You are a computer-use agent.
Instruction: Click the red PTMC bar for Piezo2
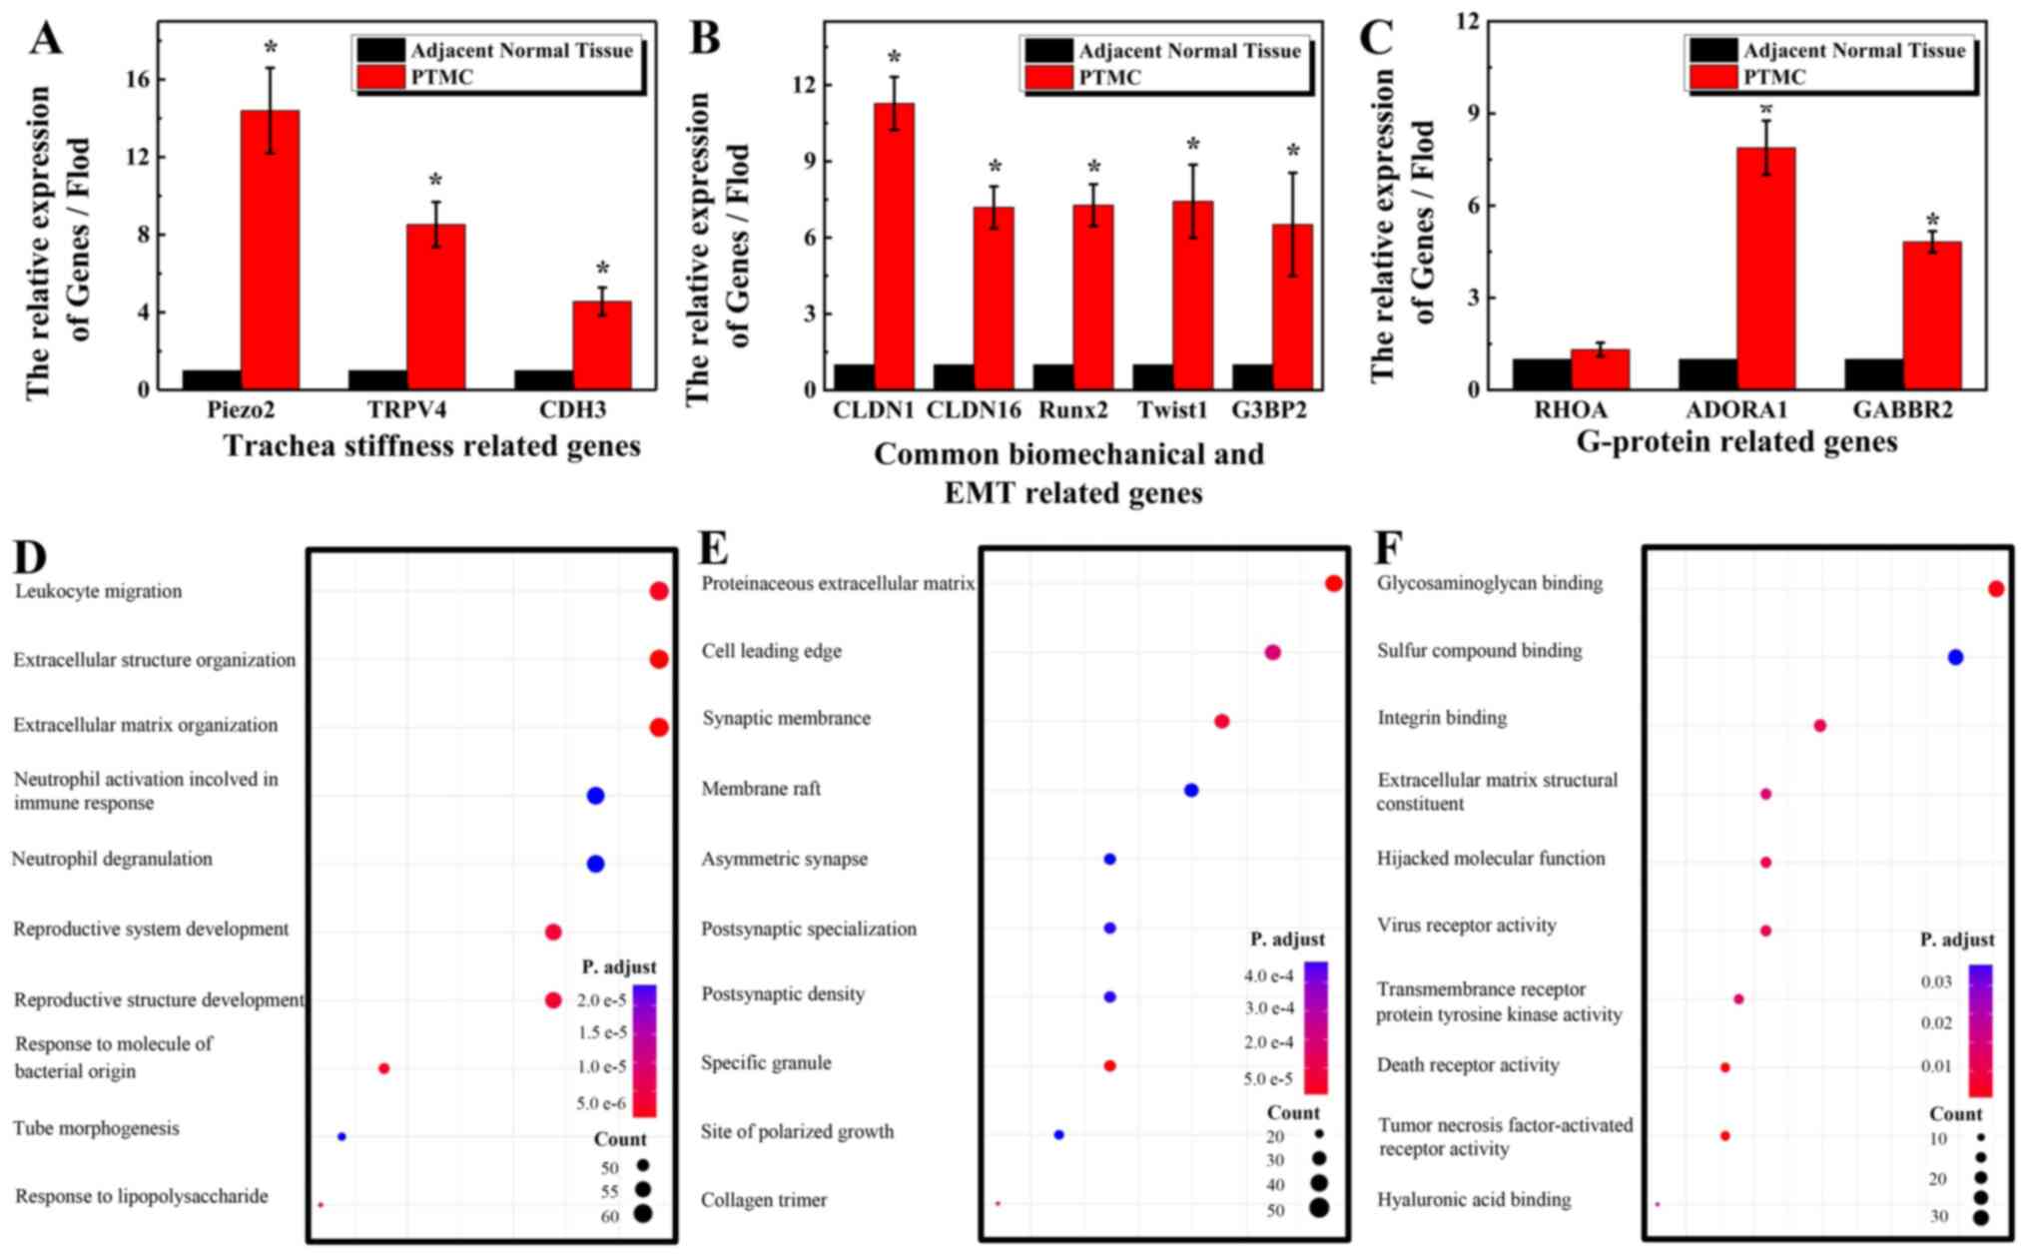tap(270, 250)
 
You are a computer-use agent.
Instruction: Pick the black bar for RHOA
tap(1541, 373)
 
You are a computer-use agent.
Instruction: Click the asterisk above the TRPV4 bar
tap(435, 182)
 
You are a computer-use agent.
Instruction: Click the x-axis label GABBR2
tap(1902, 410)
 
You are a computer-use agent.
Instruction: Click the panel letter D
tap(31, 557)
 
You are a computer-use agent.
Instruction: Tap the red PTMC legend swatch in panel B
tap(1048, 78)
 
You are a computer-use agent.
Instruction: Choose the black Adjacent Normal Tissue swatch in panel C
tap(1713, 50)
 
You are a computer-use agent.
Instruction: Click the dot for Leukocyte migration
tap(658, 591)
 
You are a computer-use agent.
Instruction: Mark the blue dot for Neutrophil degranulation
tap(595, 864)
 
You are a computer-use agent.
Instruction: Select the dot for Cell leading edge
tap(1272, 652)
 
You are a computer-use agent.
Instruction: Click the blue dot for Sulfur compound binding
tap(1955, 657)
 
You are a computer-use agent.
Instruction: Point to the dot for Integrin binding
tap(1819, 726)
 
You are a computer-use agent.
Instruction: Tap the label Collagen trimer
tap(764, 1200)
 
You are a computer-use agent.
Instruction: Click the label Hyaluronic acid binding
tap(1474, 1199)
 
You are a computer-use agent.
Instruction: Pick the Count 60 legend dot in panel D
tap(641, 1214)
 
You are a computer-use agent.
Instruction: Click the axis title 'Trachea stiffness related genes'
tap(431, 446)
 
